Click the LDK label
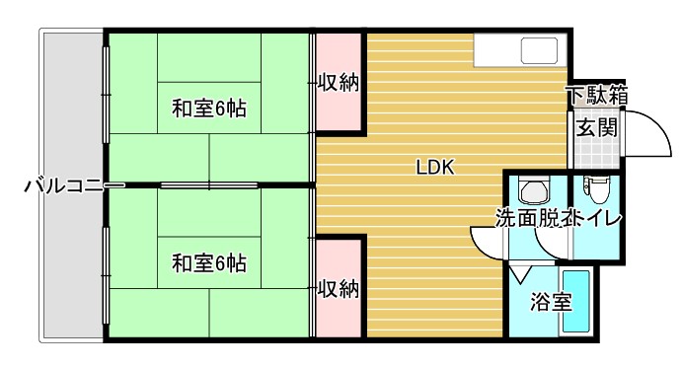433,167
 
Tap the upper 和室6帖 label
209,108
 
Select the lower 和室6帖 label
209,263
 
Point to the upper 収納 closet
338,84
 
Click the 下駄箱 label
596,96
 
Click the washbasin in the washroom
534,189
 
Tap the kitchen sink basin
539,51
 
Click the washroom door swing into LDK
489,240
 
